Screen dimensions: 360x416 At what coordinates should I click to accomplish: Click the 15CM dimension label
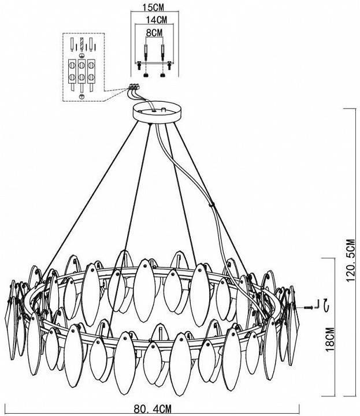coord(153,8)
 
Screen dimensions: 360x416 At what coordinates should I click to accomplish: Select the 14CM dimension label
coord(157,20)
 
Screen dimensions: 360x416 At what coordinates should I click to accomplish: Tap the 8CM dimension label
coord(154,33)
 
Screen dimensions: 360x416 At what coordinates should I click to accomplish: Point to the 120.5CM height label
coord(350,260)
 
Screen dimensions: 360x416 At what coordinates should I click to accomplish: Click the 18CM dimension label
coord(330,340)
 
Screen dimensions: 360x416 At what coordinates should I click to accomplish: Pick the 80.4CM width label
coord(153,408)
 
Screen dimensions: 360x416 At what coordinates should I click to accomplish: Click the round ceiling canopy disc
coord(157,113)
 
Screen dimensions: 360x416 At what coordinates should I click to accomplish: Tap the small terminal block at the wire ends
coord(134,86)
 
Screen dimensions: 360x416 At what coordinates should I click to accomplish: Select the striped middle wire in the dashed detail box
coord(81,44)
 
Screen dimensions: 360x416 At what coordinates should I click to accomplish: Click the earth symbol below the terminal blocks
coord(82,97)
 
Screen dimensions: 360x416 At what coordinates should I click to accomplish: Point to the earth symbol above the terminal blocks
coord(82,55)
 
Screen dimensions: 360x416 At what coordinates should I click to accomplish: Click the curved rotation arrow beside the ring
coord(326,304)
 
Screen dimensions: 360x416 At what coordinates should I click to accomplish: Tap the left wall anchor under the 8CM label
coord(146,53)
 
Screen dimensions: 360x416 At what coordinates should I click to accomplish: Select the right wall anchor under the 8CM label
coord(162,53)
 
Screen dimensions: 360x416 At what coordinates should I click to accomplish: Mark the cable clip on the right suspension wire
coord(211,205)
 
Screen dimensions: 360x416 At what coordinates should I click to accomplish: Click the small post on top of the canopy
coord(164,110)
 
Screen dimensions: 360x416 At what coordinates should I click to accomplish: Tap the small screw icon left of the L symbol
coord(309,307)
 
